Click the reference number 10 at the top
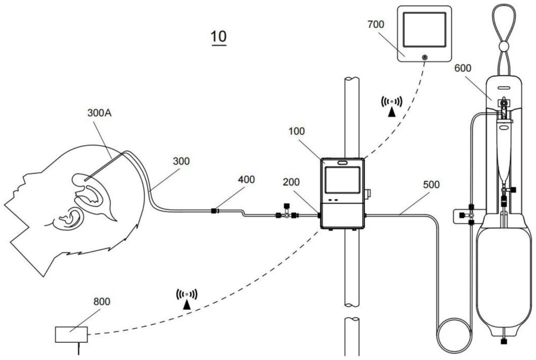coord(219,37)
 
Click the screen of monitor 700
coord(425,29)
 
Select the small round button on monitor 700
coord(425,57)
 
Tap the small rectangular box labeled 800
coord(71,335)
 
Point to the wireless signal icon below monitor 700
coord(392,104)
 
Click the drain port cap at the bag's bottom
coord(504,340)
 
